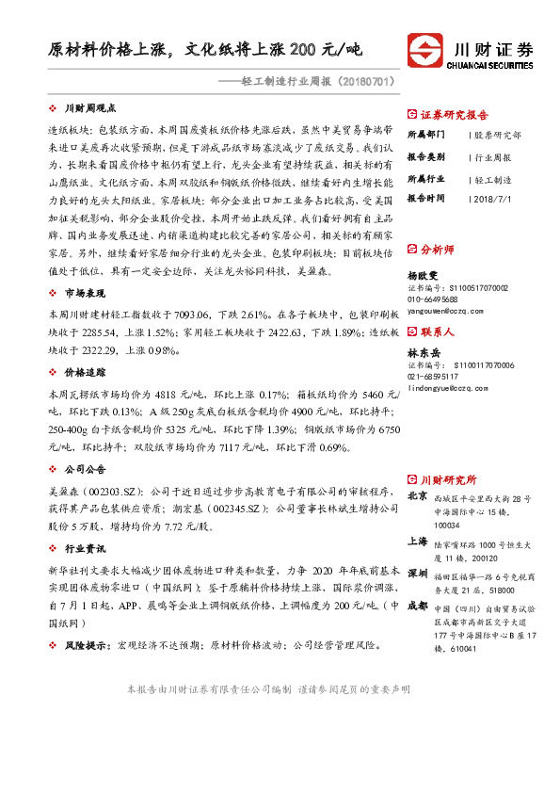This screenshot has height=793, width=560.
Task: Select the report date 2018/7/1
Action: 489,199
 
